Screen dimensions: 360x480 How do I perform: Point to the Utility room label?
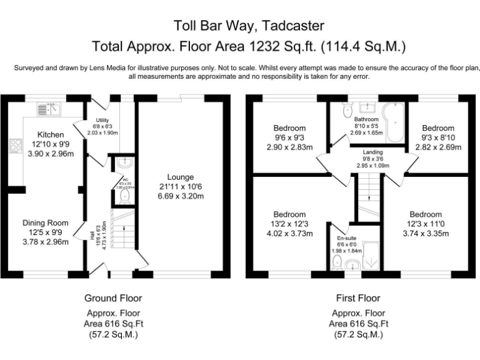point(102,120)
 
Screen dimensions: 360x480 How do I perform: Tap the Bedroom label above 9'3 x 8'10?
point(437,128)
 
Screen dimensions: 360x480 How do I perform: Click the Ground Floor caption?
point(113,298)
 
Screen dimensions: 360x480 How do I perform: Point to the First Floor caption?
point(357,298)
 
